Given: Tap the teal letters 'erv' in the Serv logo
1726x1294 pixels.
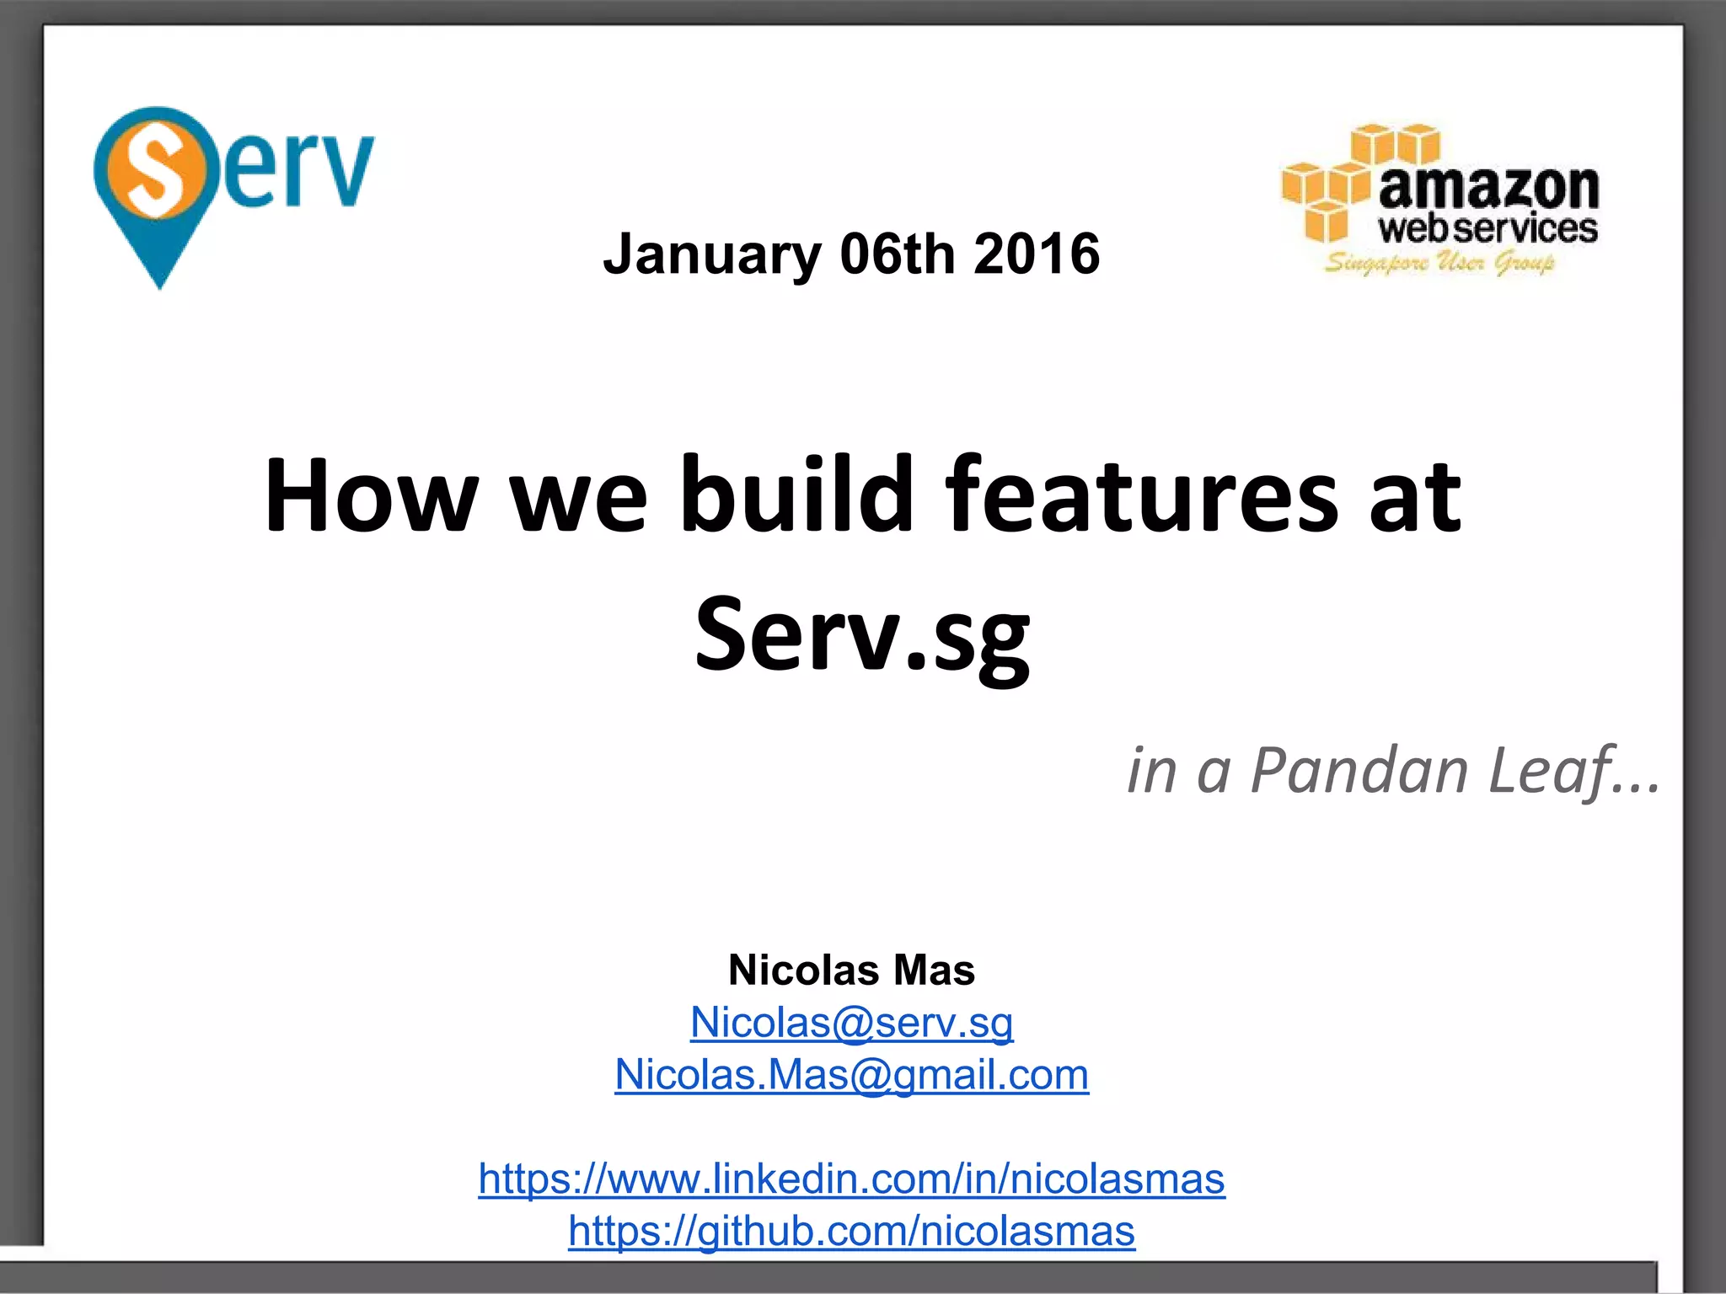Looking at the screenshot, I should click(x=299, y=168).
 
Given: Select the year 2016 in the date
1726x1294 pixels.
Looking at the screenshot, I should click(x=1037, y=254).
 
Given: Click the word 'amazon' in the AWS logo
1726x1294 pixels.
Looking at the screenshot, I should click(x=1488, y=187).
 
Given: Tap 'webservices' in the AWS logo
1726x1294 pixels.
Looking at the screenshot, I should click(x=1487, y=229).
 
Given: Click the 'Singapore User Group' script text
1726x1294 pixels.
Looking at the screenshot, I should click(x=1439, y=263).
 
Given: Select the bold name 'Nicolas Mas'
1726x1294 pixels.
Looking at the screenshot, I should click(x=851, y=970).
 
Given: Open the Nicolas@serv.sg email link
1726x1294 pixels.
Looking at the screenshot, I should click(x=851, y=1023).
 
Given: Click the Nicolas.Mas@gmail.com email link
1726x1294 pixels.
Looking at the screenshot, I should click(x=851, y=1075).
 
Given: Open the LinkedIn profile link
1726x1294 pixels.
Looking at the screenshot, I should click(x=851, y=1179).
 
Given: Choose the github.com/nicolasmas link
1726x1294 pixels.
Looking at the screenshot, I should click(x=851, y=1231).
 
